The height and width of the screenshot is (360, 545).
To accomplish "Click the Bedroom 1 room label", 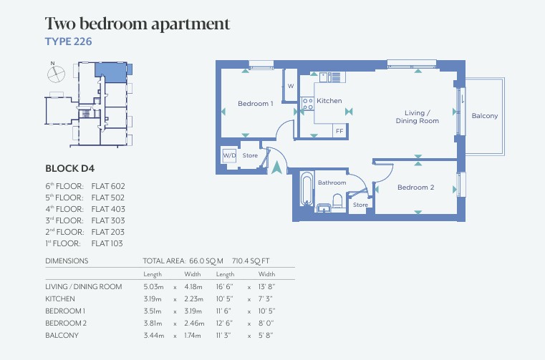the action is coord(256,104).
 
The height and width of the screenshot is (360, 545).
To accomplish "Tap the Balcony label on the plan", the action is coord(485,116).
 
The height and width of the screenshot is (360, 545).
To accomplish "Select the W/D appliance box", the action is coord(229,155).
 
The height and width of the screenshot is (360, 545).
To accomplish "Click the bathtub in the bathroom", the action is coord(307,189).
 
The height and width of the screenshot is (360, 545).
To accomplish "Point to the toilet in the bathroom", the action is coord(337,201).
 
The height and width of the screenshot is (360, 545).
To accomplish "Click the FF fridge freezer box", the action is coord(339,131).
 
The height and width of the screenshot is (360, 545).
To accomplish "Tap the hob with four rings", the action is coord(308,104).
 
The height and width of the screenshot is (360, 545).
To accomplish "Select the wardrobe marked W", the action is coord(291,86).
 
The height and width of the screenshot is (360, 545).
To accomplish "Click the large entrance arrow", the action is coord(276,167).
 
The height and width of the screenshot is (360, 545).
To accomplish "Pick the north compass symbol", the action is coord(56,73).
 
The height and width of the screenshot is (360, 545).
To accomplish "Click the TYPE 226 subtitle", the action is coord(69,42).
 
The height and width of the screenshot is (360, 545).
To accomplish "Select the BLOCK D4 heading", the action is coord(70,168).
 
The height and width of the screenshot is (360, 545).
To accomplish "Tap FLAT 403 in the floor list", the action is coord(108,209).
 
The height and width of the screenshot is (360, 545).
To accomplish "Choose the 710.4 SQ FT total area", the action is coord(251,261).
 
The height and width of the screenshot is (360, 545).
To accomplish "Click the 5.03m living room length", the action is coord(153,287).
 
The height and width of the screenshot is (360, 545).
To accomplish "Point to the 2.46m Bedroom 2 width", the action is coord(194,323).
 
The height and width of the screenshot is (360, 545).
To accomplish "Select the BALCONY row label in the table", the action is coord(62,336).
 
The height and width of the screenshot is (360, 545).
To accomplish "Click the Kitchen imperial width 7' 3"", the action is coord(265,299).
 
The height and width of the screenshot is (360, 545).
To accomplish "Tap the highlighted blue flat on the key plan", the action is coord(111,72).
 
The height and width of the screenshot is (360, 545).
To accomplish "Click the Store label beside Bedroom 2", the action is coord(360,205).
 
